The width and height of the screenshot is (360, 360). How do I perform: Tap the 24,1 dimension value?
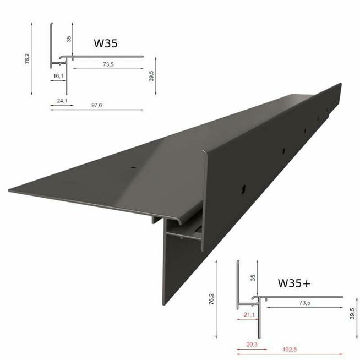point(62,100)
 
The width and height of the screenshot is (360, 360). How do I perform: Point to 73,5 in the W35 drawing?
point(107,64)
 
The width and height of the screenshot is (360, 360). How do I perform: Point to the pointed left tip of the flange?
point(10,190)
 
